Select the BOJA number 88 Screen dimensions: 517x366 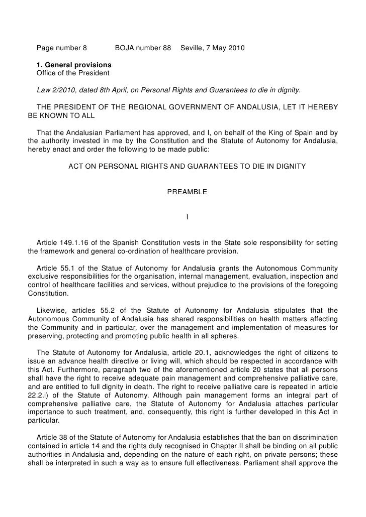click(167, 49)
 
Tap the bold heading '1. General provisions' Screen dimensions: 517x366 click(74, 66)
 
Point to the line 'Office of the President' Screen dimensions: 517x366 click(73, 74)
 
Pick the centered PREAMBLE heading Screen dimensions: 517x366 click(187, 192)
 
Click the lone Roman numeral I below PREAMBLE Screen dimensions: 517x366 click(187, 217)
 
